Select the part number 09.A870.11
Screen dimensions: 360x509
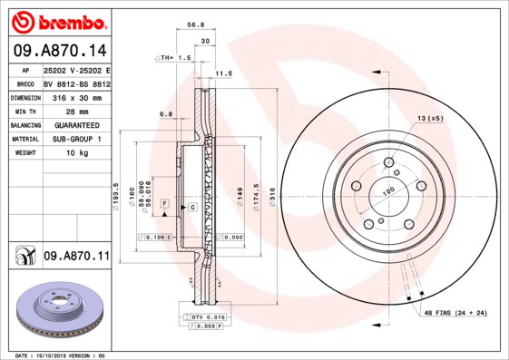coord(76,258)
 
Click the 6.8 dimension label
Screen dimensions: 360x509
coord(166,113)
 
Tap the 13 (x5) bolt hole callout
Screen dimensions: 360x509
coord(429,119)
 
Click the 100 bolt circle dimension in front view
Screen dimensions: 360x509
coord(386,191)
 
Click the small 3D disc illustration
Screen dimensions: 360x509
coord(59,309)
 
